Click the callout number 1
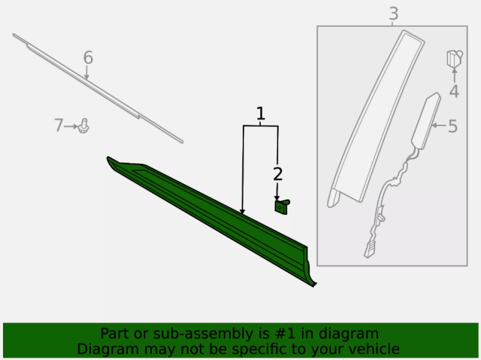pos(261,113)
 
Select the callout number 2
pos(277,174)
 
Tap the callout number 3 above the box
pos(394,14)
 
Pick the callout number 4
pos(454,91)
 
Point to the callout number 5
pos(452,126)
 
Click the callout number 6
pos(88,57)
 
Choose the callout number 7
pos(59,126)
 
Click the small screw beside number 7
pos(83,126)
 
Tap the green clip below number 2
pos(282,207)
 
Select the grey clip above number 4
pos(454,59)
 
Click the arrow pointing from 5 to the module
pos(439,125)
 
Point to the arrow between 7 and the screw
pos(71,126)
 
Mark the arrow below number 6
pos(87,73)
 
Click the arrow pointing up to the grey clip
pos(454,75)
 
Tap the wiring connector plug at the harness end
pos(369,249)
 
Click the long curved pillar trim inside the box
pos(376,119)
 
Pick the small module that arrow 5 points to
pos(426,121)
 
